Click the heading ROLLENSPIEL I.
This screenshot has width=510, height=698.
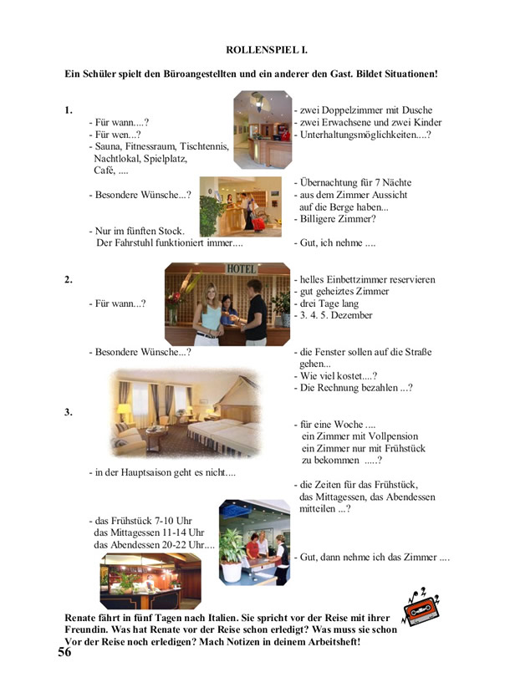pyautogui.click(x=267, y=50)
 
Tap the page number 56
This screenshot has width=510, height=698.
pyautogui.click(x=64, y=653)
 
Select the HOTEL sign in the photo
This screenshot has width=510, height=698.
pyautogui.click(x=242, y=268)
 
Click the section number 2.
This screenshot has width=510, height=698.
pyautogui.click(x=68, y=279)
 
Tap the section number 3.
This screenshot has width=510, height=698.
pyautogui.click(x=68, y=411)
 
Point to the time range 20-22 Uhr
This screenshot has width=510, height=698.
pyautogui.click(x=183, y=544)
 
